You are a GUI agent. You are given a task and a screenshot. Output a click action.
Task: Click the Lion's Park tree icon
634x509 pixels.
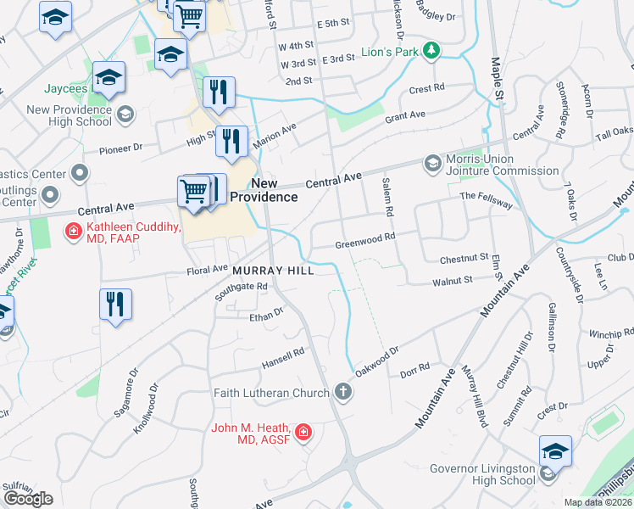pos(431,52)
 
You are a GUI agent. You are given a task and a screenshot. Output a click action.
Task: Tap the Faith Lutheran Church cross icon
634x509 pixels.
pos(342,392)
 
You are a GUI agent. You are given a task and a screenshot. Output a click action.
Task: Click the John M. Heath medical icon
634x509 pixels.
pos(303,433)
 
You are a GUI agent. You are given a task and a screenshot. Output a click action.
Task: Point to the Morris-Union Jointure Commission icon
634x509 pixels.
pos(432,162)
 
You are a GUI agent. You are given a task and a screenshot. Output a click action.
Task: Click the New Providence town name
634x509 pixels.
pos(275,190)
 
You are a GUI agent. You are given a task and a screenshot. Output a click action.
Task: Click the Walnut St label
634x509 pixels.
pos(452,279)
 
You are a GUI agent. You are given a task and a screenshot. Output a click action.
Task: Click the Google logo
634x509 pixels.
pos(28,499)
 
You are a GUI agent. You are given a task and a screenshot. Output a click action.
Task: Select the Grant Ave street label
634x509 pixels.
pos(405,119)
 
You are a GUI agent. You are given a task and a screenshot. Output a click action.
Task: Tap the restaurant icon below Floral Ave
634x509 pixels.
pos(115,305)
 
